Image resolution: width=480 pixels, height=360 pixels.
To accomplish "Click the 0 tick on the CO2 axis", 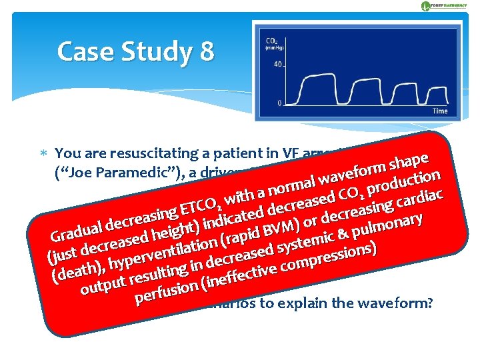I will [280, 103].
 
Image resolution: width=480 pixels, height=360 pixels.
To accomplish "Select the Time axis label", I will [440, 111].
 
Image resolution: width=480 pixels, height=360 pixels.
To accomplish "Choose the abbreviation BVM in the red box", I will [279, 231].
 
